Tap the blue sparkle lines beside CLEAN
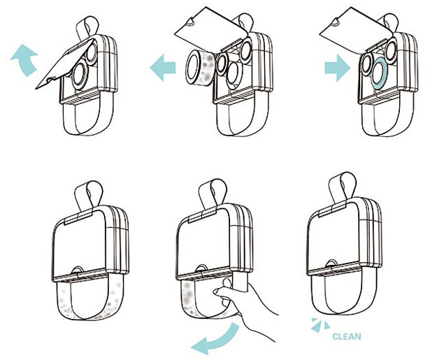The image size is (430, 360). click(321, 324)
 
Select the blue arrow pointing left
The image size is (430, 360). click(163, 69)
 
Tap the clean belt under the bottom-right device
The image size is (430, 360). click(343, 297)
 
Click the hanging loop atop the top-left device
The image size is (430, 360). click(84, 27)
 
